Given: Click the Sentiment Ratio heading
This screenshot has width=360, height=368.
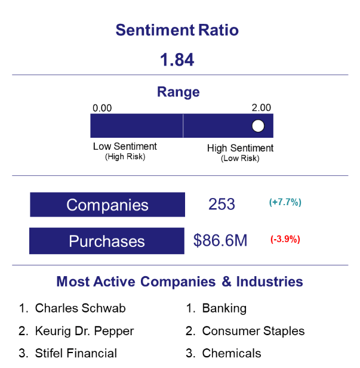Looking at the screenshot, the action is tap(177, 30).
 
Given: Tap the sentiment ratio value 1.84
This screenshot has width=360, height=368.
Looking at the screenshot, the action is tap(177, 60).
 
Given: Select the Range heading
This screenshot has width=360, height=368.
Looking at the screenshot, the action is tap(179, 92).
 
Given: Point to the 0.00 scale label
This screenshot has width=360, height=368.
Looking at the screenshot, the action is tap(102, 108).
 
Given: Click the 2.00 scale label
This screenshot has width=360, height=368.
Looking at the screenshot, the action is tap(261, 108).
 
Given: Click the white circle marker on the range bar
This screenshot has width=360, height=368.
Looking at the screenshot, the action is tap(258, 126).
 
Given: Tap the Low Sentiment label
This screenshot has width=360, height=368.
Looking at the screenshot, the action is tap(125, 146).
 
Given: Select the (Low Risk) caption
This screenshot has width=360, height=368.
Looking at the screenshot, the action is tap(240, 159).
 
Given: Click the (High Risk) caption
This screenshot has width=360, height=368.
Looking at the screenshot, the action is tap(125, 156).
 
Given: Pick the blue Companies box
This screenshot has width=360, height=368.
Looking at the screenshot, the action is tap(107, 205).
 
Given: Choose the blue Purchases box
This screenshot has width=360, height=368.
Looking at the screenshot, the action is tap(107, 241).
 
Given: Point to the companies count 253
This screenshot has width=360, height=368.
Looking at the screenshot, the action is tap(221, 204).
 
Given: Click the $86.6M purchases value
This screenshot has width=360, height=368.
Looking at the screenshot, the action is tap(220, 240).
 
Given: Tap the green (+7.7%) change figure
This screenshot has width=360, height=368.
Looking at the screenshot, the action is tap(285, 202).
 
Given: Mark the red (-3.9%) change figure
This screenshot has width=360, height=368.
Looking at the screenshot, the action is tap(285, 239).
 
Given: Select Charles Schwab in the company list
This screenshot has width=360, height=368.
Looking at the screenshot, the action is tap(81, 308).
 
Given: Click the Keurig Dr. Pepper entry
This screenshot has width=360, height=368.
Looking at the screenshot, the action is tap(84, 331).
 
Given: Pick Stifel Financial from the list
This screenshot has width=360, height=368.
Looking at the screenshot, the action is tap(76, 353).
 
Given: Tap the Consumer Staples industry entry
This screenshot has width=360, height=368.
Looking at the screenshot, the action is tap(253, 331).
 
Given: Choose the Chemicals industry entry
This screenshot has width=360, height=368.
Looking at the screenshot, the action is tap(232, 353).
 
